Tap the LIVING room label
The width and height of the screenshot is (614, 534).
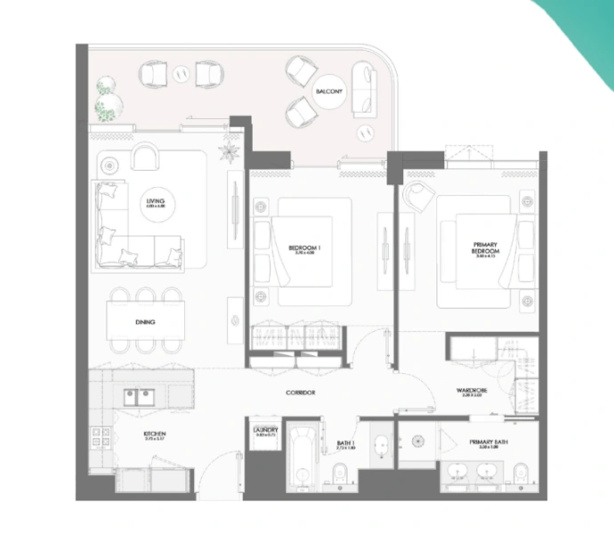click(156, 203)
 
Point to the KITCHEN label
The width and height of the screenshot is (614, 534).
click(155, 435)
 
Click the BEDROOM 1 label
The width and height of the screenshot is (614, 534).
click(304, 248)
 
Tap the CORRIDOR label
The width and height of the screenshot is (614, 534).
click(302, 392)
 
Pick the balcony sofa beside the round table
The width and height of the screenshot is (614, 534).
click(365, 91)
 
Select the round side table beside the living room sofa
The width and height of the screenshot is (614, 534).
click(109, 166)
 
